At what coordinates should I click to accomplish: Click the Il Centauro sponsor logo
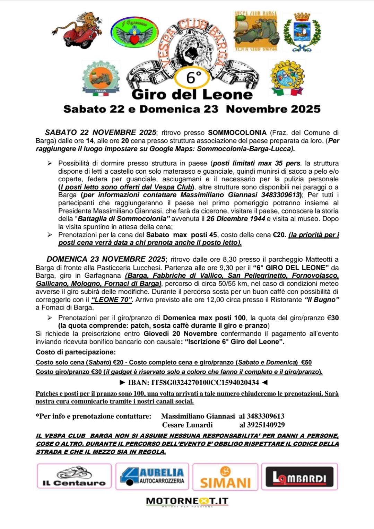coord(74,476)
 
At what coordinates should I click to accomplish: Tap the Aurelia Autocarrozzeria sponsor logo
coord(152,476)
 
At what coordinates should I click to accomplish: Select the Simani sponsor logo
coord(225,477)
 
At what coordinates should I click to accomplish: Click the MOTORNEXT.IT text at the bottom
coord(187,501)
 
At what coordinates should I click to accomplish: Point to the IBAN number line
coord(193,382)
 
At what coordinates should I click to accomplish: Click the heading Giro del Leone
coord(192,94)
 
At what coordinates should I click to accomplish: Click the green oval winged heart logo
coord(134,32)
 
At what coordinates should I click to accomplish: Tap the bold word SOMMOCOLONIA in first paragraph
coord(237,132)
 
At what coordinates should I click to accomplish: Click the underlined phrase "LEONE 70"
coord(111,300)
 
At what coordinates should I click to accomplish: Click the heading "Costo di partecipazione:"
coord(76,352)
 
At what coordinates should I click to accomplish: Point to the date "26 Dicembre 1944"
coord(236,219)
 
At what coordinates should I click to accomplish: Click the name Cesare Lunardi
coord(187,425)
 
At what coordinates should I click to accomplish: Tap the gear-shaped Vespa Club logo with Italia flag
coord(101,78)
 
